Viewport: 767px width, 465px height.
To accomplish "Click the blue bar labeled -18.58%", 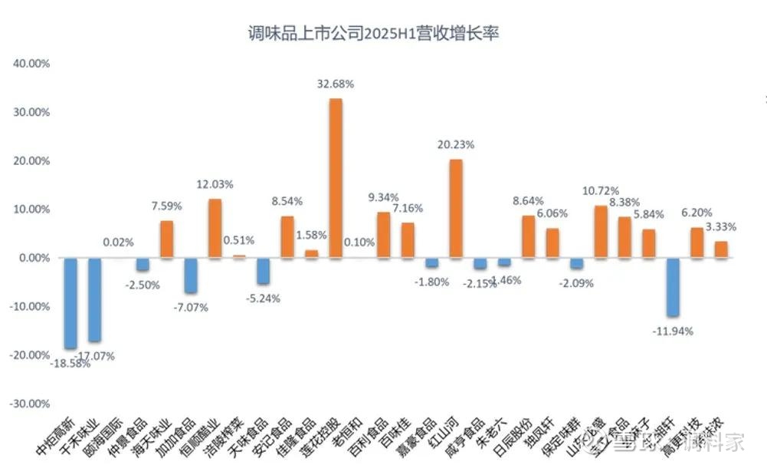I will tap(70, 303).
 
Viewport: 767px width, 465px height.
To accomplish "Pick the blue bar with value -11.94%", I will tap(673, 287).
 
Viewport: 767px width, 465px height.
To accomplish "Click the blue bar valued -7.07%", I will tap(191, 275).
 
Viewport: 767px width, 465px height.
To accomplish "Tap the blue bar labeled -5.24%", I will tap(263, 270).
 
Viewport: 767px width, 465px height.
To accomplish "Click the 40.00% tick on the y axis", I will tap(31, 64).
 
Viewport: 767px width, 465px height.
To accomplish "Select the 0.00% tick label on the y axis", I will tap(33, 258).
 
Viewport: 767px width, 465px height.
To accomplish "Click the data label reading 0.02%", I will tap(119, 242).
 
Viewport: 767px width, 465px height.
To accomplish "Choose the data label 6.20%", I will tap(696, 213).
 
